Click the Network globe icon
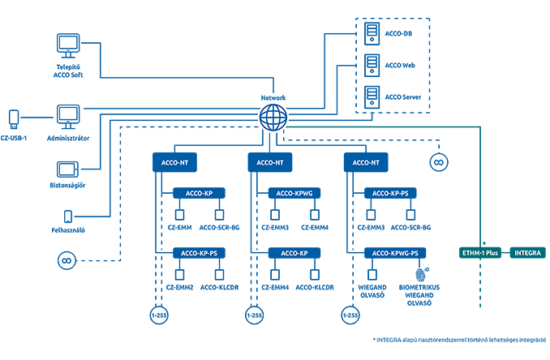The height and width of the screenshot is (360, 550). [x=273, y=117]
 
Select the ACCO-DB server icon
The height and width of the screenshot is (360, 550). [x=372, y=34]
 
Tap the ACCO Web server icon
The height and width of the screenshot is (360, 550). [x=372, y=66]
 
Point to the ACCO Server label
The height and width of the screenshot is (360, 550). [x=403, y=97]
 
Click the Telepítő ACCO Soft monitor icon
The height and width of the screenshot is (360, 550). [x=68, y=45]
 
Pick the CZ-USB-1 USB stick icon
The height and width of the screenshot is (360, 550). [x=14, y=119]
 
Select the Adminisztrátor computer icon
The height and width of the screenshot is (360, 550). [x=68, y=117]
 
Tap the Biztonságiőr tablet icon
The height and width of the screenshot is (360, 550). [x=67, y=169]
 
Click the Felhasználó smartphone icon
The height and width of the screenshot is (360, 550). [x=68, y=216]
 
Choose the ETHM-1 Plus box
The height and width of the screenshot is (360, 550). [x=480, y=253]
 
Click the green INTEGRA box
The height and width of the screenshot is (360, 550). [x=527, y=253]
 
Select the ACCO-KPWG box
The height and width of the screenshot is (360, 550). [x=294, y=193]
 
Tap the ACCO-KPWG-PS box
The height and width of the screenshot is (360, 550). [x=395, y=253]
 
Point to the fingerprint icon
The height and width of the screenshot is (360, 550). [x=420, y=275]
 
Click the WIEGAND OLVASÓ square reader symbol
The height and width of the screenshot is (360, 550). [x=372, y=275]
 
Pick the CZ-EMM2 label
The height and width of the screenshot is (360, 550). [x=179, y=288]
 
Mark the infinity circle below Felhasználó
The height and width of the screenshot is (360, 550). [x=67, y=261]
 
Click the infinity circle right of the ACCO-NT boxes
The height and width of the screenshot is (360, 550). [x=439, y=162]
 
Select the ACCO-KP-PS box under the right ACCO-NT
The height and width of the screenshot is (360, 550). [x=390, y=193]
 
